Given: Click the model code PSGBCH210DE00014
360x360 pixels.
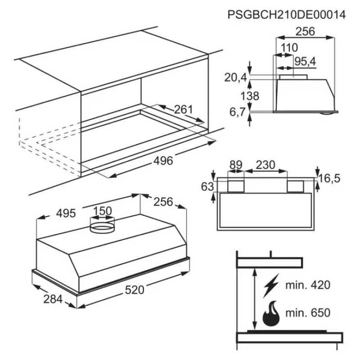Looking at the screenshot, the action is tap(287, 15).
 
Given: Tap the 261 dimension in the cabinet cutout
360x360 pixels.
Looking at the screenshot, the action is tap(184, 109).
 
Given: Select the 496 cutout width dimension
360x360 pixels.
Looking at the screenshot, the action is tap(163, 161).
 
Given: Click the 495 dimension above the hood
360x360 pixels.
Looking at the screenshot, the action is tap(66, 213).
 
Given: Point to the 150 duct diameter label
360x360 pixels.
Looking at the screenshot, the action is tap(103, 211).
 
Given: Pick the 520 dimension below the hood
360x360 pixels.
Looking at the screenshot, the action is tap(135, 290).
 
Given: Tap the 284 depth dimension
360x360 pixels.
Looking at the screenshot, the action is tap(53, 299).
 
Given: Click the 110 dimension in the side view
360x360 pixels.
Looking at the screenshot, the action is tap(289, 48).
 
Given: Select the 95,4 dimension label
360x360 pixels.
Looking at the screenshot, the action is tap(305, 62).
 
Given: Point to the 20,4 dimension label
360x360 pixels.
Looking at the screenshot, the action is tap(235, 77).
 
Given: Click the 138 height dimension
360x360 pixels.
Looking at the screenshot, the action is tap(250, 96).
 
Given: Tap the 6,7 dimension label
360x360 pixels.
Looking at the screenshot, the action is tap(238, 112).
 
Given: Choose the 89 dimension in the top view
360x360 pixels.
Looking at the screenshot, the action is tap(236, 165).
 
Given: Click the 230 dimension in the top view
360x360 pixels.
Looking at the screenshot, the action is tap(265, 165).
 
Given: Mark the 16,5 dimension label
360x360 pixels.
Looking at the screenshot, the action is tap(329, 178).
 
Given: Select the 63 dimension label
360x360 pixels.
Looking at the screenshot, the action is tap(207, 187).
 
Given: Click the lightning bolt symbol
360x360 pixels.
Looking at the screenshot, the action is tap(271, 285).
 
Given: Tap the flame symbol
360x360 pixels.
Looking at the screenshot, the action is tap(271, 313).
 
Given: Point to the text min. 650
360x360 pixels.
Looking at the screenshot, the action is tap(308, 312).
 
